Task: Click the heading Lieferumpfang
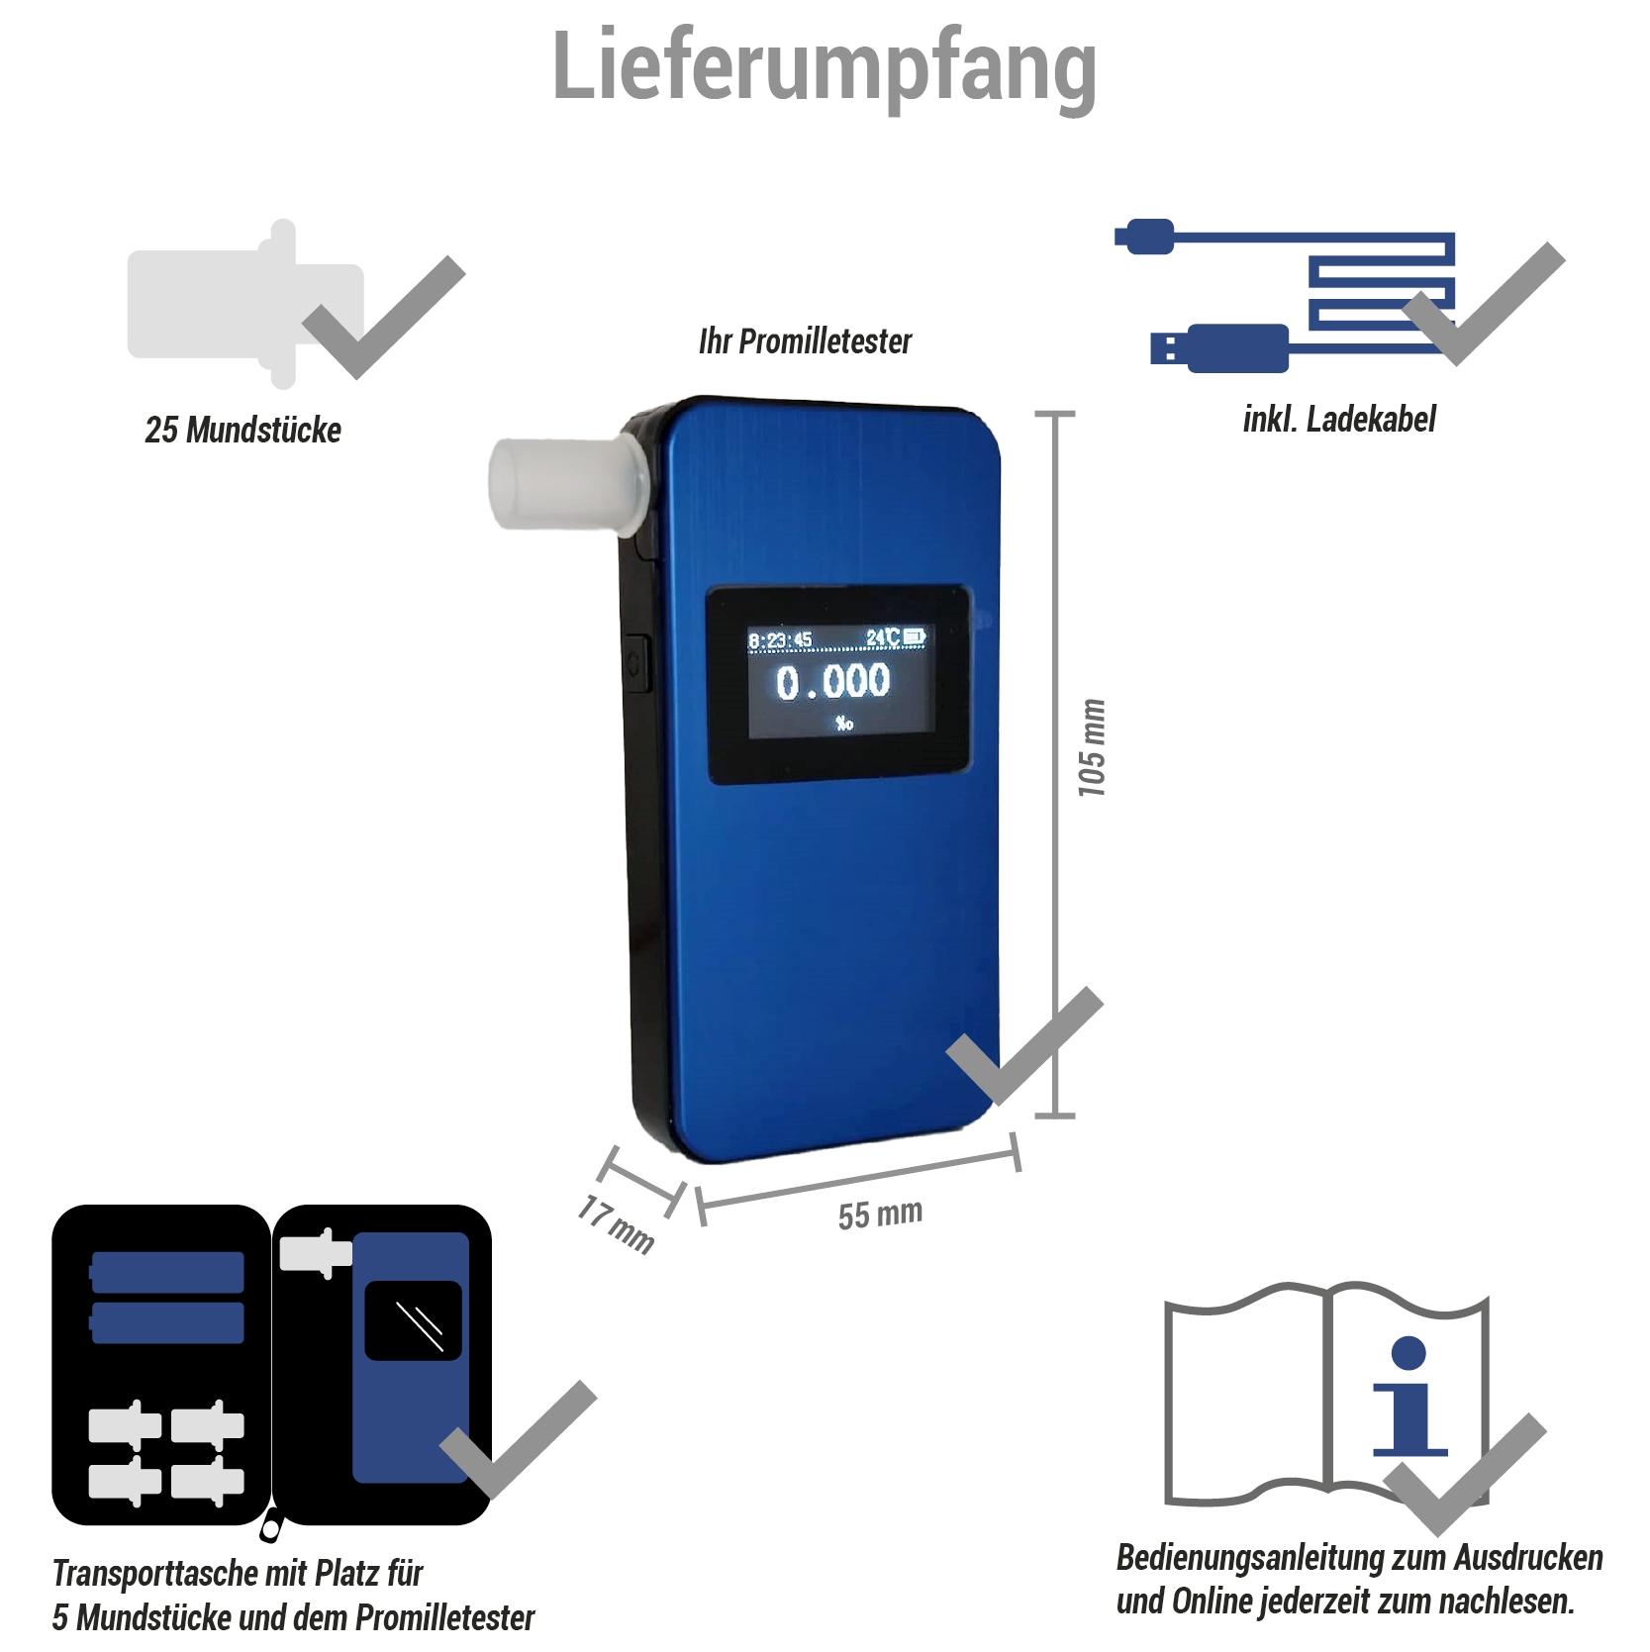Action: point(824,67)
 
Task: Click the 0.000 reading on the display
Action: point(832,681)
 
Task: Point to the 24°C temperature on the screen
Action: point(882,637)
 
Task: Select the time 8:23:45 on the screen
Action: point(780,639)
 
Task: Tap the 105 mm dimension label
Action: point(1092,747)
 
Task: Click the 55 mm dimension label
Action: point(880,1214)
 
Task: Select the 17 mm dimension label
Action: point(616,1225)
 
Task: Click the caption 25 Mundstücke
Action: point(243,431)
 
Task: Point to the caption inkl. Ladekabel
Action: point(1338,420)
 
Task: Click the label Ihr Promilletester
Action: point(805,341)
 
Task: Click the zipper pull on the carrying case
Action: point(269,1529)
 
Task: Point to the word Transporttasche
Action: point(157,1572)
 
